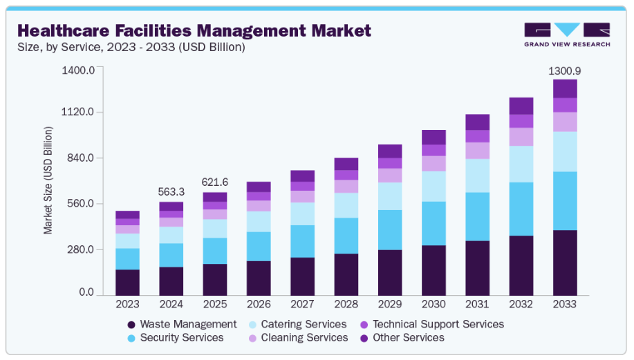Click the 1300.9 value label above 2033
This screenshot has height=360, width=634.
[x=564, y=71]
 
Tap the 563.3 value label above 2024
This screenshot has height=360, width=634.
[x=171, y=193]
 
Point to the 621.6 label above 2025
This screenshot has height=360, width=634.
[x=215, y=182]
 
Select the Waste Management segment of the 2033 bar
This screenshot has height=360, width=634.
[x=565, y=263]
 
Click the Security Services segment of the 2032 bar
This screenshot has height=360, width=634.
[x=521, y=209]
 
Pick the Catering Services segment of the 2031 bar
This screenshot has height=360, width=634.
[x=477, y=176]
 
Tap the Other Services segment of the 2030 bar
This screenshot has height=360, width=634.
[x=433, y=137]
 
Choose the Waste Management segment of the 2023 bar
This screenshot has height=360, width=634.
[x=127, y=282]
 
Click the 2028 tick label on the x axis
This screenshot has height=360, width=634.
[x=346, y=303]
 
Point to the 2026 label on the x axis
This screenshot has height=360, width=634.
[x=259, y=303]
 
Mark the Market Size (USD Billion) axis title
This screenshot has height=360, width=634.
[x=48, y=180]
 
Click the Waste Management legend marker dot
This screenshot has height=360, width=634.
[x=131, y=325]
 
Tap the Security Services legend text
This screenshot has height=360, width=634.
[x=182, y=338]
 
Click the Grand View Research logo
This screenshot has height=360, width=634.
[x=567, y=35]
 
